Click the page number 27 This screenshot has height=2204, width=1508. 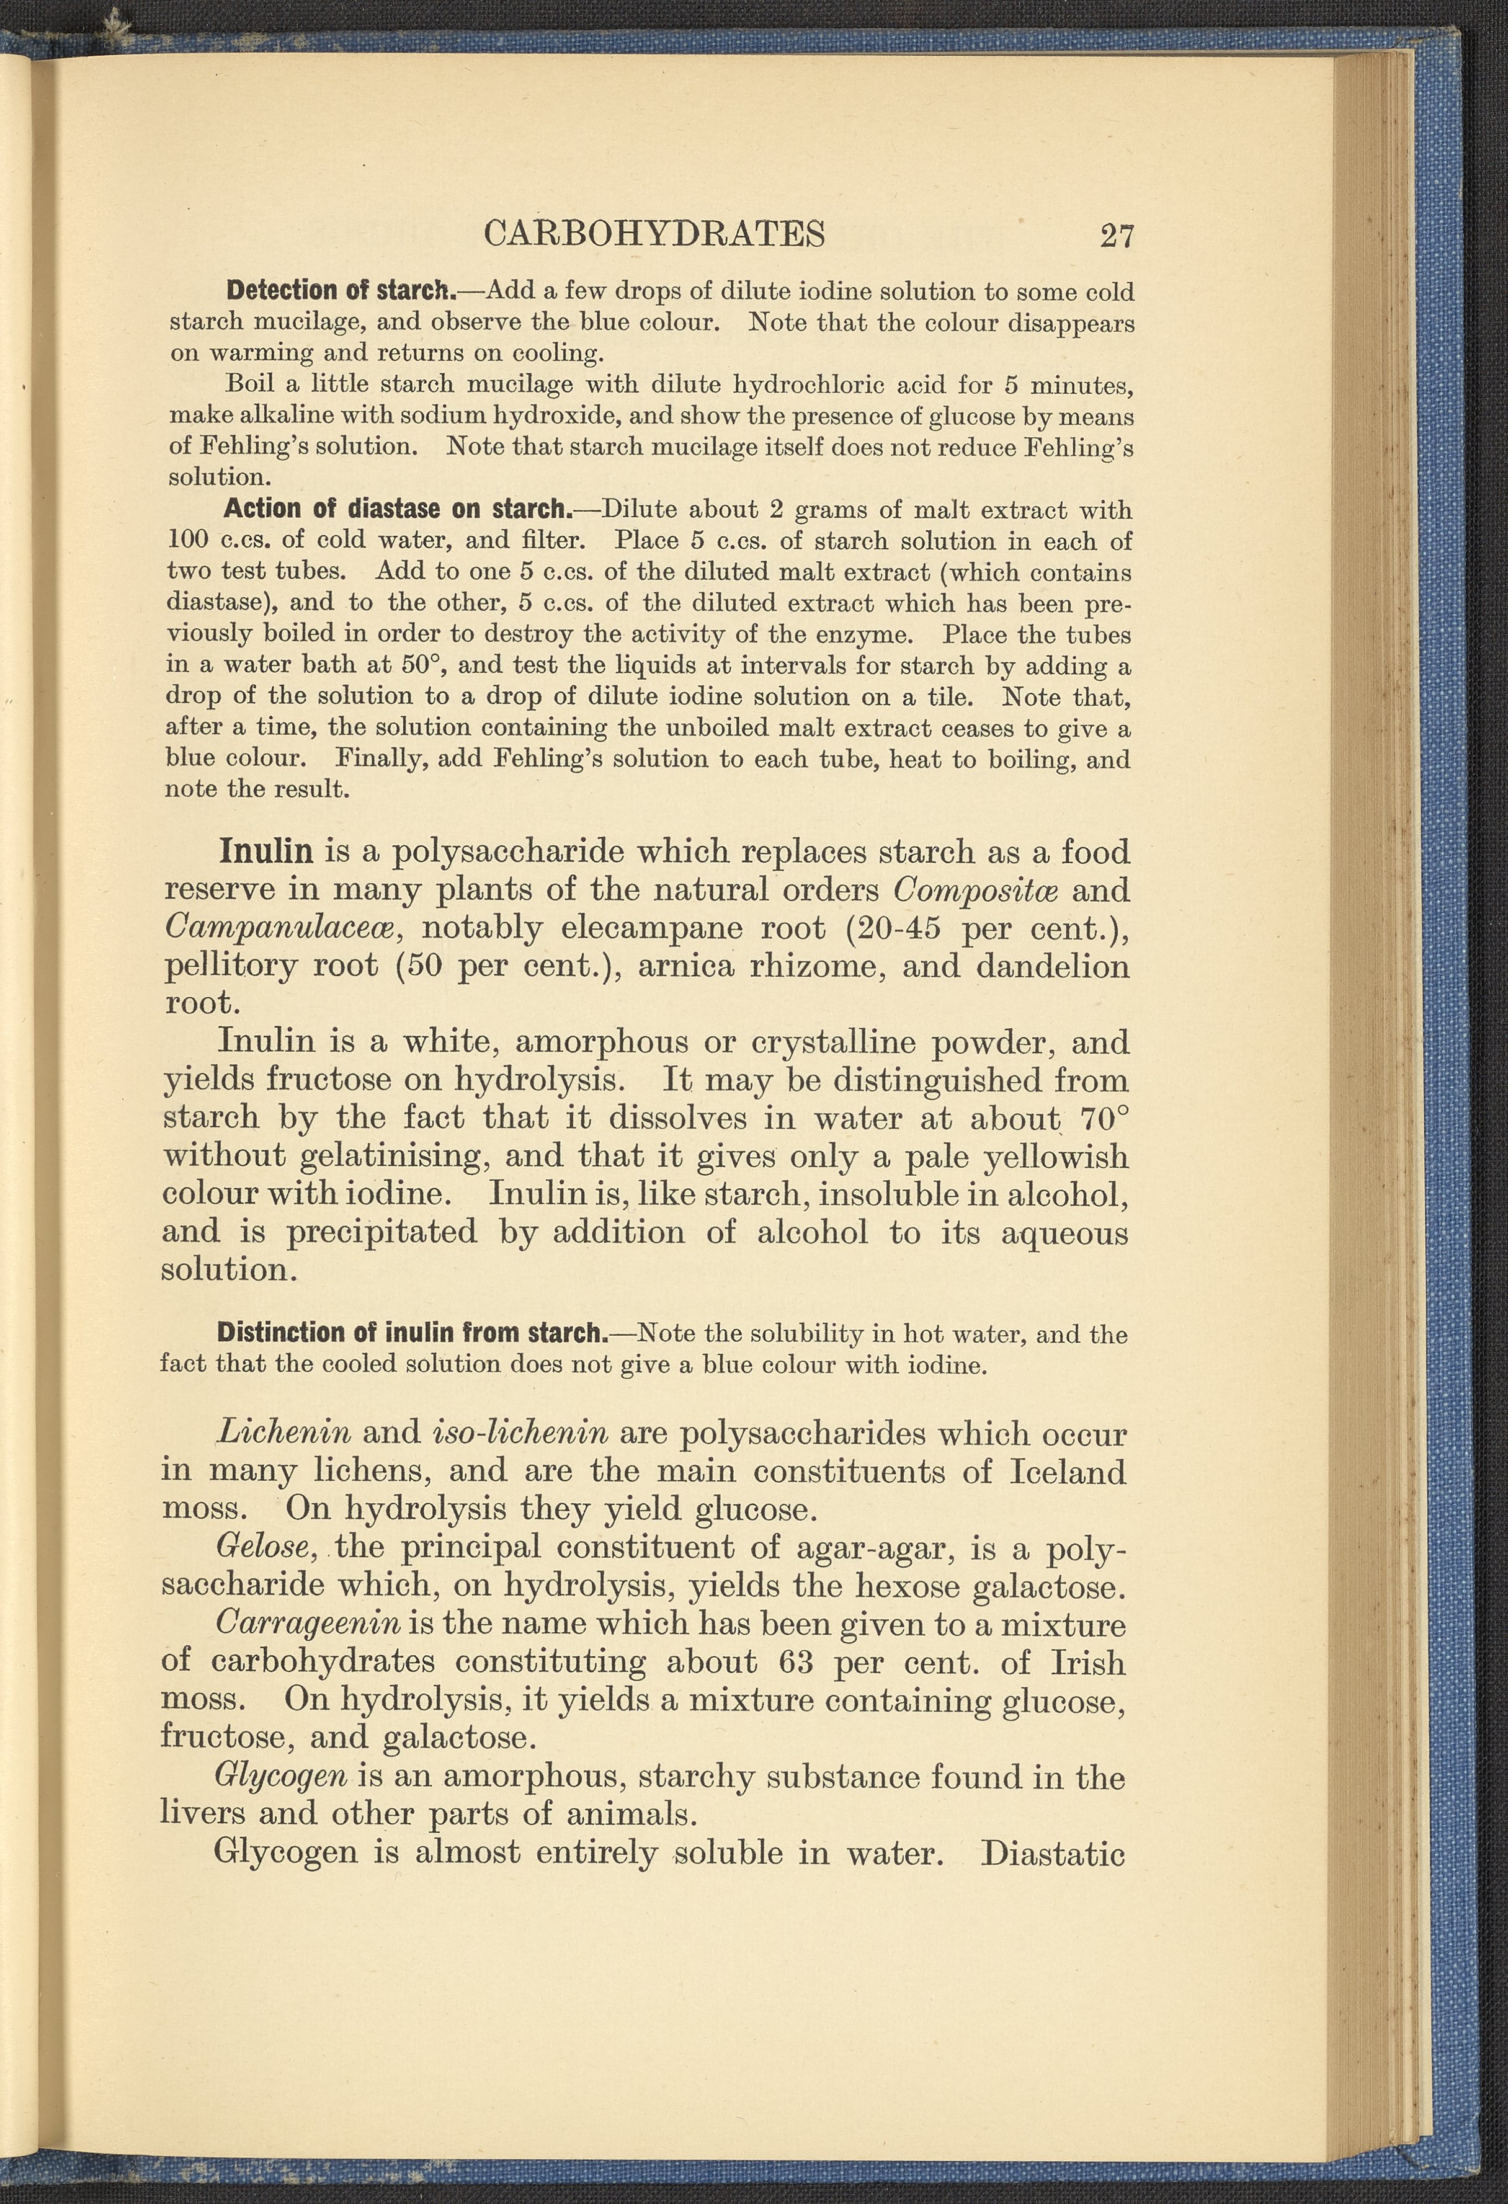coord(1117,234)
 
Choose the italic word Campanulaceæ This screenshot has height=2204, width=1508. coord(279,928)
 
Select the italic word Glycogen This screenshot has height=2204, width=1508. coord(282,1775)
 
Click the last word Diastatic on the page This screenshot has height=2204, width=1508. coord(1053,1852)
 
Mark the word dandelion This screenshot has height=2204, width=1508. coord(1053,966)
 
